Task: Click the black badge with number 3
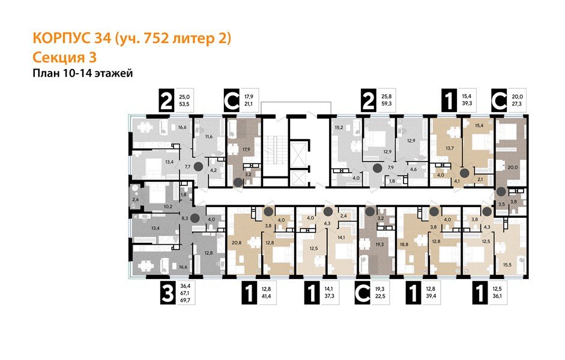[168, 296]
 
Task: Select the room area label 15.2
[338, 127]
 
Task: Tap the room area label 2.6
[136, 199]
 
